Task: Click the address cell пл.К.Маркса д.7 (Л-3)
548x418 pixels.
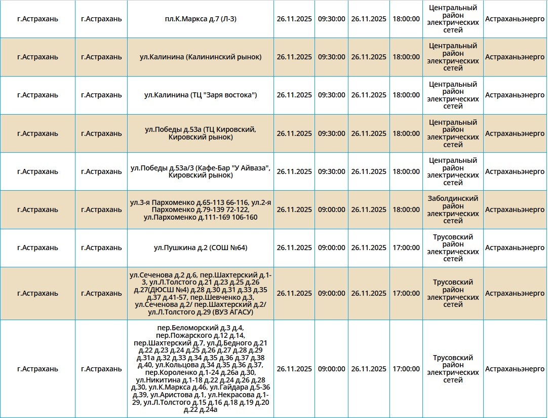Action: coord(201,19)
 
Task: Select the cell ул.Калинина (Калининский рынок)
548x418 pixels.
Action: coord(201,57)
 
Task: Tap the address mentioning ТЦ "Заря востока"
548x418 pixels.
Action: coord(201,95)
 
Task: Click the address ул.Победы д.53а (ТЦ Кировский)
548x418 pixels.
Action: coord(201,133)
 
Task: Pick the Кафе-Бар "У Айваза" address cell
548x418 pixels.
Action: coord(201,171)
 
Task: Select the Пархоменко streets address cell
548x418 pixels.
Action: coord(201,210)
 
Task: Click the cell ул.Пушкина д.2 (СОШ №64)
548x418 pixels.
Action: coord(201,248)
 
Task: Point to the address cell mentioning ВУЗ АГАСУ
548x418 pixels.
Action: coord(201,293)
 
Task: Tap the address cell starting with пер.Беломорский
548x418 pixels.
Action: coord(201,369)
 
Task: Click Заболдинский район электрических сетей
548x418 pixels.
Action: coord(453,210)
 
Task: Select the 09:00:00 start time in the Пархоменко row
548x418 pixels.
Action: coord(332,210)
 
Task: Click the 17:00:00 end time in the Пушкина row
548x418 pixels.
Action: coord(406,248)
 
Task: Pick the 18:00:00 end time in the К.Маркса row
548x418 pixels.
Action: coord(406,19)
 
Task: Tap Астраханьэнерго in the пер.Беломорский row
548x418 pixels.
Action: coord(515,369)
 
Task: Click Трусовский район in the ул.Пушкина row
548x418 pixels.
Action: coord(453,248)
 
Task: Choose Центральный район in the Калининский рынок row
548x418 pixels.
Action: coord(453,57)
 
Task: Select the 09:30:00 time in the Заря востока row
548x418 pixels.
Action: coord(332,95)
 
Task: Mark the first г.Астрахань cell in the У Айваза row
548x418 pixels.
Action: coord(37,171)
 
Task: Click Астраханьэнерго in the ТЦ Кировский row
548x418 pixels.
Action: coord(515,133)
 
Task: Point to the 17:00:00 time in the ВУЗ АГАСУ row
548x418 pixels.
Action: coord(406,293)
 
